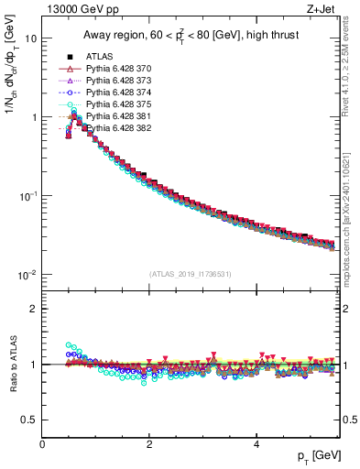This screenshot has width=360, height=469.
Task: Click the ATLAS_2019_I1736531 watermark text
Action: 191,274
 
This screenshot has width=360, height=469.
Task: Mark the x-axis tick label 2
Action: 149,443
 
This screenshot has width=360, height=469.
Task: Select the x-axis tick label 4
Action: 256,443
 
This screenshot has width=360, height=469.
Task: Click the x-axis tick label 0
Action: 42,443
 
